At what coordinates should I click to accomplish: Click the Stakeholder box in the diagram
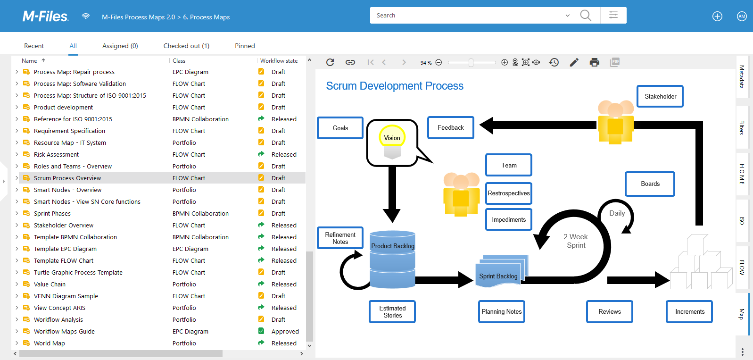click(x=660, y=96)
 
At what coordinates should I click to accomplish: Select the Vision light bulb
click(x=392, y=138)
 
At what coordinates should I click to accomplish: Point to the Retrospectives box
click(x=509, y=193)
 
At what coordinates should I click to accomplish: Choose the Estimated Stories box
click(x=392, y=312)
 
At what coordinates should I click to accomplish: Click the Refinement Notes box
click(x=340, y=238)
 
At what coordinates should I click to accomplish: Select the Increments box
click(x=689, y=312)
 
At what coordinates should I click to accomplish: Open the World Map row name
click(x=50, y=343)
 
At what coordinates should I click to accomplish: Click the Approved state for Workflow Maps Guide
click(x=285, y=332)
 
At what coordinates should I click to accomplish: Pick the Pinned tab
click(x=245, y=46)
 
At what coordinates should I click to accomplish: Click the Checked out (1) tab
click(x=186, y=46)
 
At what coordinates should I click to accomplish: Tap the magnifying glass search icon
click(x=586, y=16)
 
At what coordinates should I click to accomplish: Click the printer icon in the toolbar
click(x=594, y=62)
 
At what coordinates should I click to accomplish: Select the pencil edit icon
click(x=574, y=62)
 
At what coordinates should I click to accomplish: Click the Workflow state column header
click(x=279, y=61)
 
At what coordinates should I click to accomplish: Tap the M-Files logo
click(x=46, y=17)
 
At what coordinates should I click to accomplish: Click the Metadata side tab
click(x=742, y=77)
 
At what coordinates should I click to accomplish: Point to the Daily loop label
click(x=617, y=213)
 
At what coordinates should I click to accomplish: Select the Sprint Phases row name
click(x=52, y=214)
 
